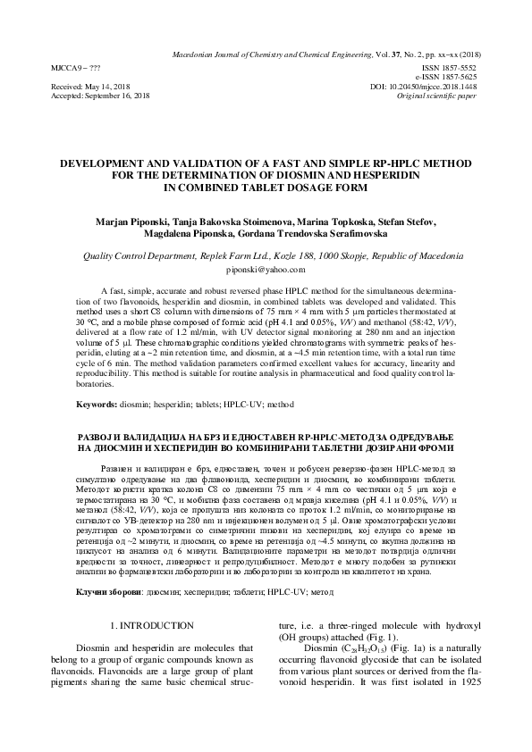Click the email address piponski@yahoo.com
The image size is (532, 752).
pos(266,268)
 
